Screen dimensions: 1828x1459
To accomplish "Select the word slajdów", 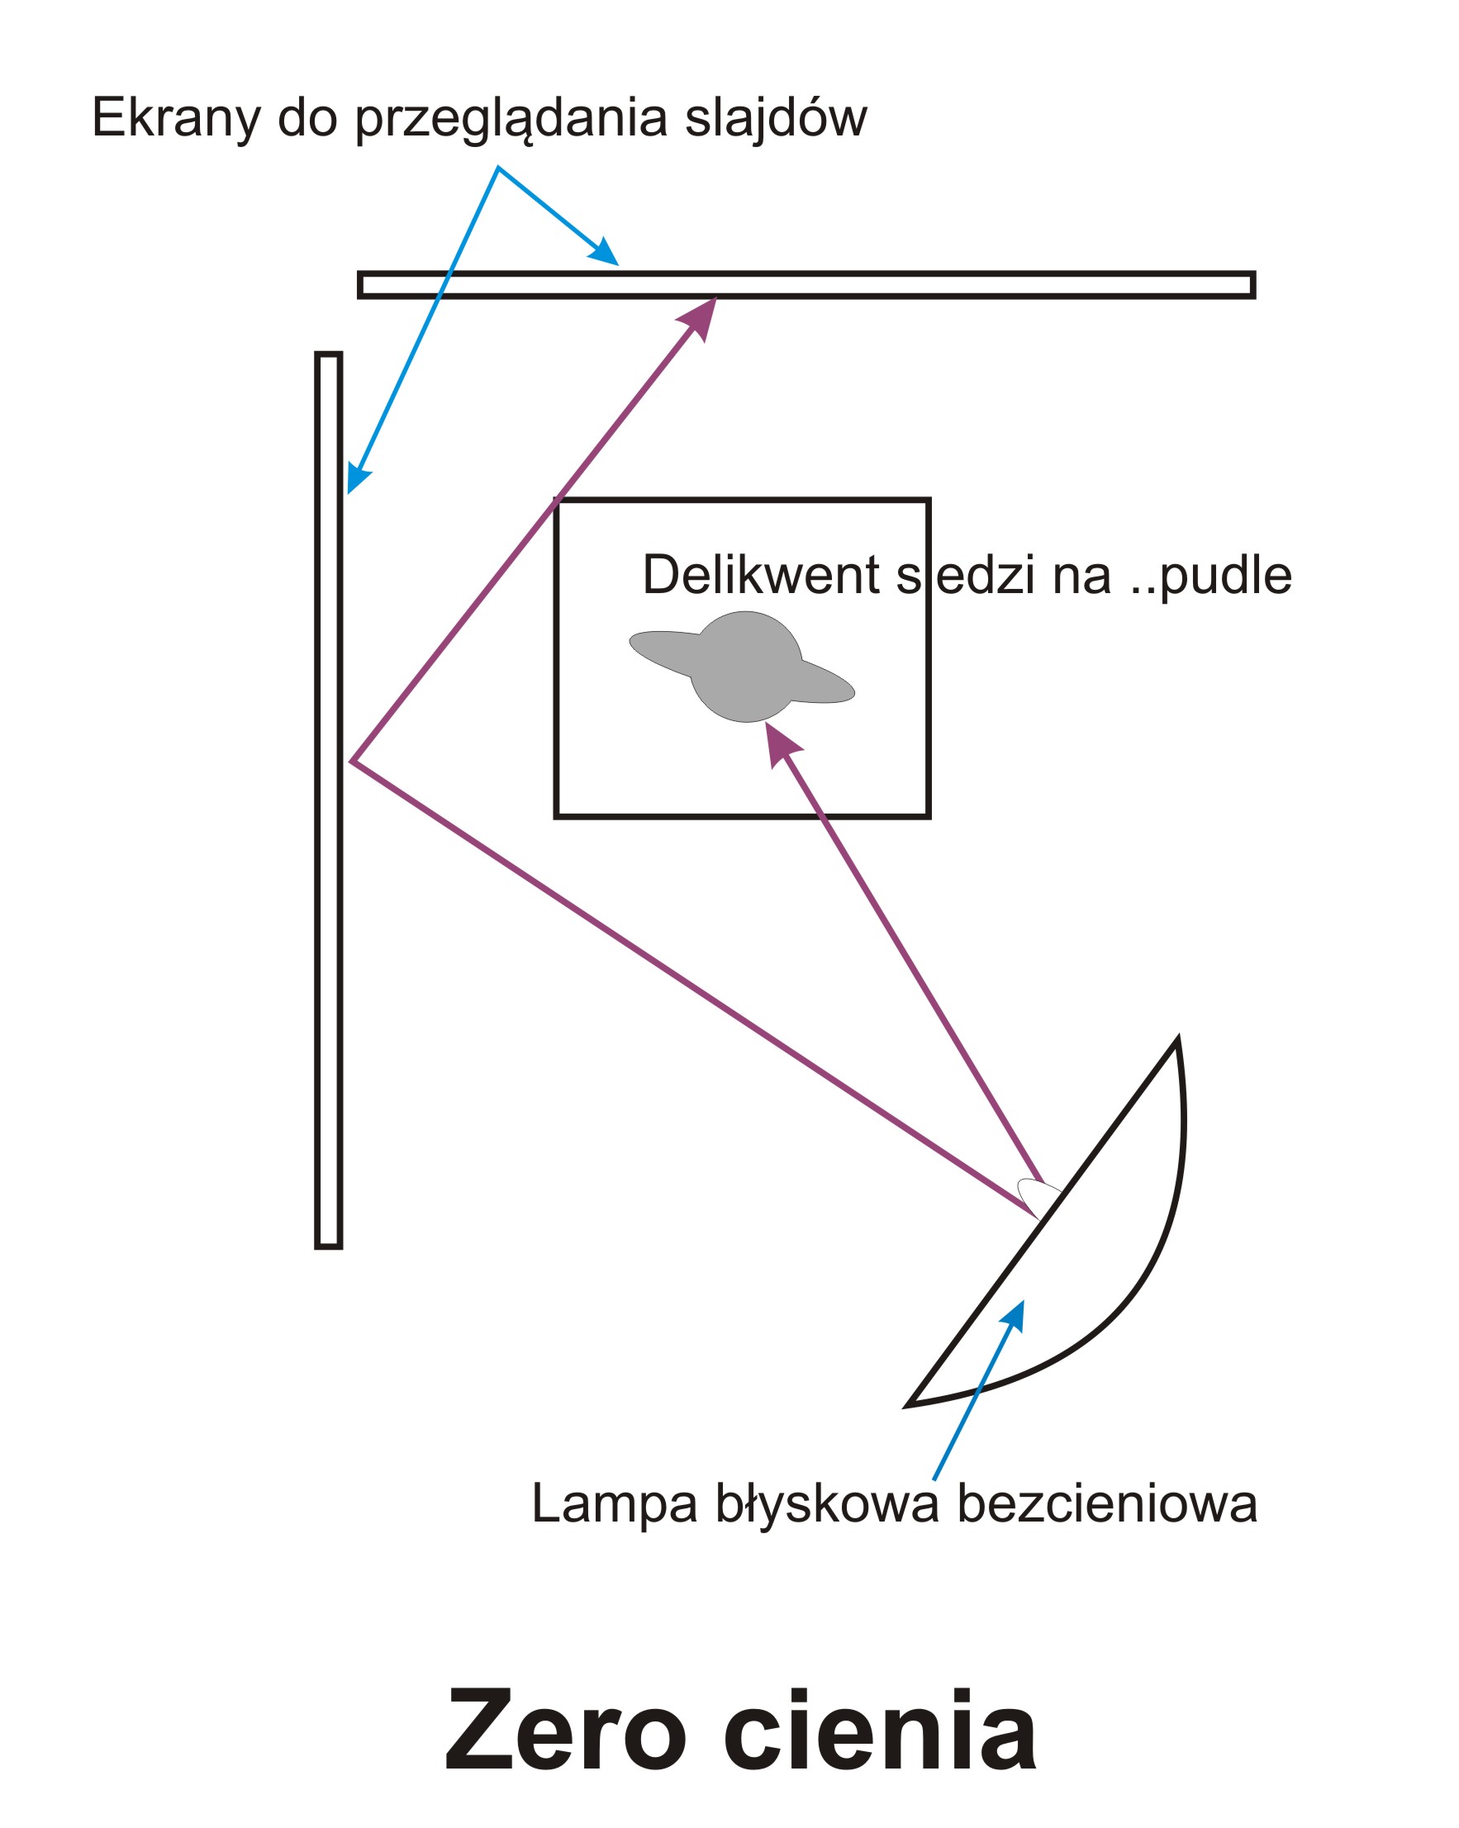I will pyautogui.click(x=776, y=119).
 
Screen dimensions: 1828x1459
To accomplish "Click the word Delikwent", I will pyautogui.click(x=761, y=575).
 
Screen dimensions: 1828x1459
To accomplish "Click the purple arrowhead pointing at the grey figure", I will pyautogui.click(x=779, y=743).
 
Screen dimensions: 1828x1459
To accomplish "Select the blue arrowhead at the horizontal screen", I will pyautogui.click(x=605, y=253).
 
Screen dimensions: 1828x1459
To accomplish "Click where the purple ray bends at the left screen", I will pyautogui.click(x=352, y=762).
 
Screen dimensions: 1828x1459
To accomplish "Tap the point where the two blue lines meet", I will pyautogui.click(x=497, y=167).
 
